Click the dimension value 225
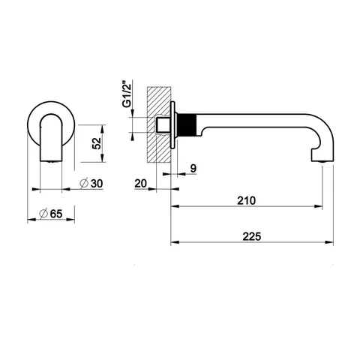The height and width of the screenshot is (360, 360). pyautogui.click(x=251, y=236)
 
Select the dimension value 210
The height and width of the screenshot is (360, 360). pyautogui.click(x=246, y=200)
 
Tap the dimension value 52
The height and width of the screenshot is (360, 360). pyautogui.click(x=97, y=143)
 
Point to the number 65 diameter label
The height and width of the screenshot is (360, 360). pyautogui.click(x=56, y=214)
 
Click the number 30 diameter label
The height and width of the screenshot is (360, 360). pyautogui.click(x=97, y=184)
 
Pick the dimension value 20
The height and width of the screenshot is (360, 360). pyautogui.click(x=141, y=184)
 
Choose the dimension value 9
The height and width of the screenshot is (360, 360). pyautogui.click(x=193, y=169)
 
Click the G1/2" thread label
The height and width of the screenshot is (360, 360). pyautogui.click(x=127, y=94)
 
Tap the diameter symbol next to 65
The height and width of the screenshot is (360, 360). pyautogui.click(x=43, y=214)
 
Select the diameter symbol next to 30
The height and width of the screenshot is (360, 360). pyautogui.click(x=84, y=184)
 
